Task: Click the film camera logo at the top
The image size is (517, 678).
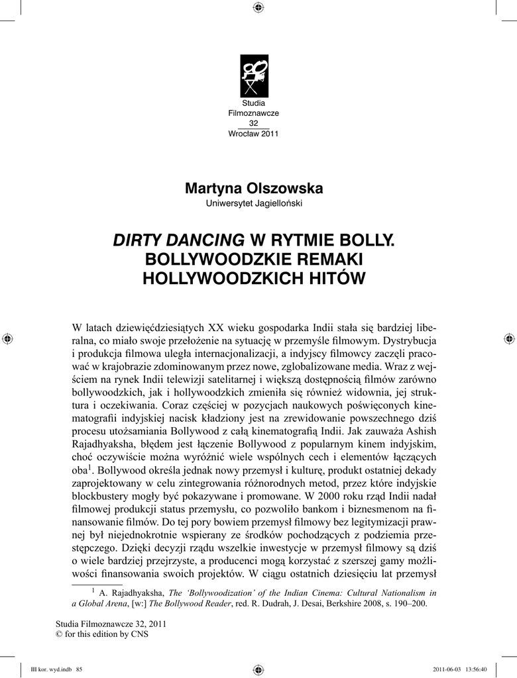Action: coord(254,76)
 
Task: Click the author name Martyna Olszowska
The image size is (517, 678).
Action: coord(254,188)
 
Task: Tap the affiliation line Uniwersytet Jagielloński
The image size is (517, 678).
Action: coord(254,203)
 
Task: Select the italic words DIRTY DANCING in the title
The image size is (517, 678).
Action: coord(178,239)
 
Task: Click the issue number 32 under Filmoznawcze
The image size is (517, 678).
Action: coord(253,123)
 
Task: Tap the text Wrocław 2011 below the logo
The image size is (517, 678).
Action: coord(253,133)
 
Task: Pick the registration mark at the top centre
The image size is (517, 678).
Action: coord(258,8)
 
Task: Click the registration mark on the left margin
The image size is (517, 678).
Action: coord(7,338)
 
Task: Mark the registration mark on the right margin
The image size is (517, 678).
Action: coord(510,338)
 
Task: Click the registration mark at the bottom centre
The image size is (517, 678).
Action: coord(258,669)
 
